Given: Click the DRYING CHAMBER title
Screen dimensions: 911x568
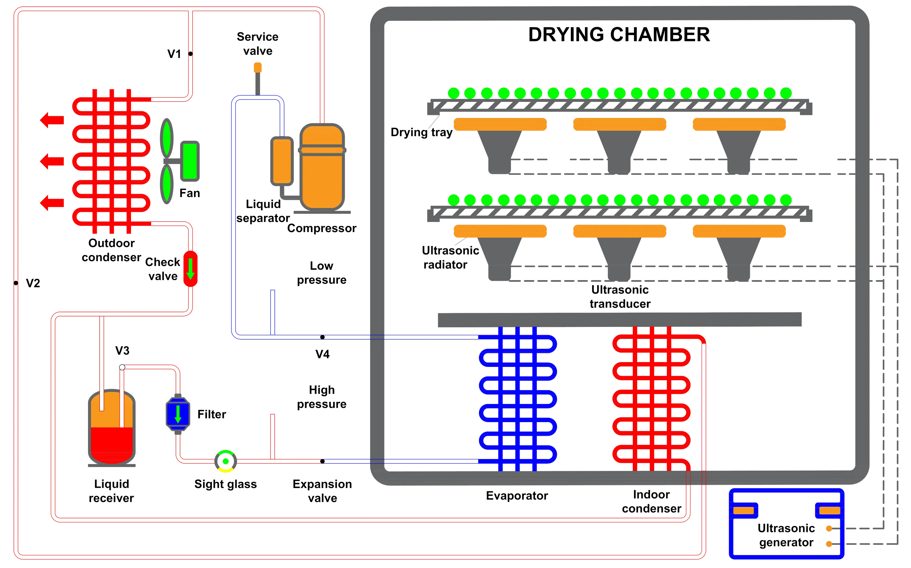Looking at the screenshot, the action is tap(619, 34).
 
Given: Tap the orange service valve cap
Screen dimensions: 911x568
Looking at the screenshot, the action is tap(258, 68).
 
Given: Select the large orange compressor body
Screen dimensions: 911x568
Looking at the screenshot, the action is tap(322, 167).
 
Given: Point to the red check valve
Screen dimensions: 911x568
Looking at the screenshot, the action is tap(190, 269).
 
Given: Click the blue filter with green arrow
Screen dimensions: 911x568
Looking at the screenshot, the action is tap(178, 414).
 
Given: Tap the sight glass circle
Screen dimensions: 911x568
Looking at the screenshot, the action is tap(226, 461).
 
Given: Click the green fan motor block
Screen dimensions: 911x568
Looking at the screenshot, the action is tap(190, 161).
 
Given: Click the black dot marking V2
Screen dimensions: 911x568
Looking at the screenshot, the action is tap(16, 283).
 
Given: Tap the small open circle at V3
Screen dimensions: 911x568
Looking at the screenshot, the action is tap(122, 367).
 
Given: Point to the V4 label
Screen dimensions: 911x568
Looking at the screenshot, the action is tap(322, 354).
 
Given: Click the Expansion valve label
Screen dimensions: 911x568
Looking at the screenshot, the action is tap(322, 491).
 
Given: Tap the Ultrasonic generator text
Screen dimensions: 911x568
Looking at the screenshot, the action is tap(786, 535).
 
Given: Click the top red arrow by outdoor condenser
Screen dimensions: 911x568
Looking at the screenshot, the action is tap(52, 120).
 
